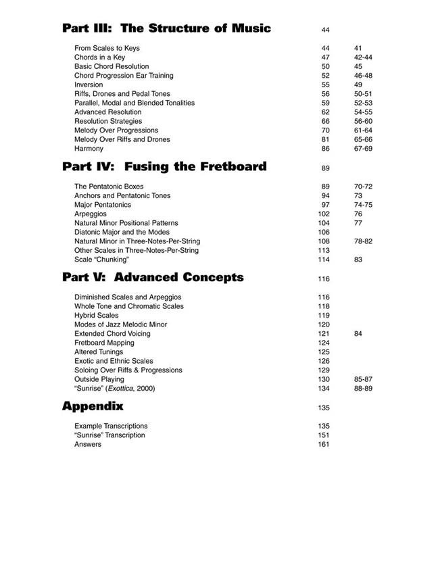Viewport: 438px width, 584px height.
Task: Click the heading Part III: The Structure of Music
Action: click(x=166, y=28)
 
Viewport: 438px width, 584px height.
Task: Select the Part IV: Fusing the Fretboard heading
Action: click(x=164, y=166)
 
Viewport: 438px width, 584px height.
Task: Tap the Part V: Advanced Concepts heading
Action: click(x=153, y=277)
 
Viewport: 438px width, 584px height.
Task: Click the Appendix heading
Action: click(x=93, y=406)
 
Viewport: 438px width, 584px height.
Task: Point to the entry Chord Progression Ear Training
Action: click(x=124, y=76)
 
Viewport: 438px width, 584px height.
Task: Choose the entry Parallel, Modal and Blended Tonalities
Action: click(x=135, y=103)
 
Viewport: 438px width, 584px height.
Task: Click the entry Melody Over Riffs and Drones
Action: click(x=122, y=139)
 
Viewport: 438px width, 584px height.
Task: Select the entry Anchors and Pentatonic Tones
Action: click(x=122, y=195)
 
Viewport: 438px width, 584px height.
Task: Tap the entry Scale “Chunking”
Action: click(x=101, y=260)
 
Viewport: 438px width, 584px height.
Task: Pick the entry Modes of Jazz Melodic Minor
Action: click(x=120, y=324)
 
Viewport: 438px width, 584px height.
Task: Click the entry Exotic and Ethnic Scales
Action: click(x=114, y=361)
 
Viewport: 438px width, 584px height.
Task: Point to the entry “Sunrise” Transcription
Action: click(x=109, y=435)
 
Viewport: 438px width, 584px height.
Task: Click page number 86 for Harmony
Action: click(x=325, y=149)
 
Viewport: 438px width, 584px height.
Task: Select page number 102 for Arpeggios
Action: click(x=324, y=214)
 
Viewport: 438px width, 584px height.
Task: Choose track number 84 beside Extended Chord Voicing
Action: click(x=358, y=334)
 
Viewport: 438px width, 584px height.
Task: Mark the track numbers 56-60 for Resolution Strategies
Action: click(x=363, y=121)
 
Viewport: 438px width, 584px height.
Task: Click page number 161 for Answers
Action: click(x=324, y=444)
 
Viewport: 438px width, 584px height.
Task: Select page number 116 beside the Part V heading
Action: click(x=324, y=278)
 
